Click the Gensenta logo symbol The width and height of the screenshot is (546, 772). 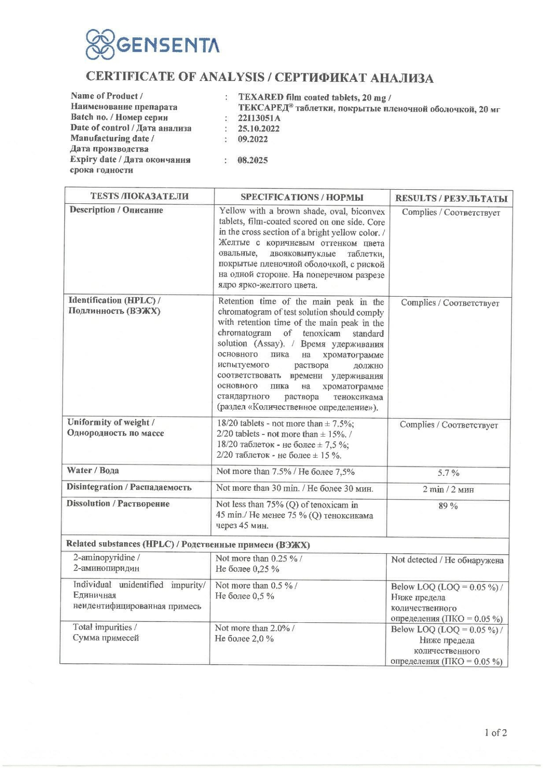coord(101,45)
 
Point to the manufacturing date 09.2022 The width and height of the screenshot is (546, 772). coord(253,139)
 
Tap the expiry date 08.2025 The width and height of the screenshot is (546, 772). coord(253,160)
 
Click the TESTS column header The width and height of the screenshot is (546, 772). coord(139,197)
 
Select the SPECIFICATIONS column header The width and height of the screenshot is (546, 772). coord(302,197)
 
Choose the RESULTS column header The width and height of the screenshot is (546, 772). coord(450,198)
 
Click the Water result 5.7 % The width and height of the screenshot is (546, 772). coord(448,473)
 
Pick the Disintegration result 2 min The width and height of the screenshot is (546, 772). coord(448,489)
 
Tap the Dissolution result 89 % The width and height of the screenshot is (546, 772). coord(448,506)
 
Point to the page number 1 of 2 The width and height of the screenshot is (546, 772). coord(495,732)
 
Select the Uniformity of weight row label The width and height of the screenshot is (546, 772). coord(116,428)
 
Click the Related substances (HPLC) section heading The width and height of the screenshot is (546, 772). coord(188,544)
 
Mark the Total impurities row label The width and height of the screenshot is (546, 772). coord(106,632)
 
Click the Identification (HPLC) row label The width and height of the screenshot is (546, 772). coord(114,306)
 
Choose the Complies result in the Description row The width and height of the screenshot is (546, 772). coord(450,212)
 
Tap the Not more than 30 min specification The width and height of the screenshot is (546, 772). coord(294,488)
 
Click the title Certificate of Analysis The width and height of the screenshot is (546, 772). coord(260,77)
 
